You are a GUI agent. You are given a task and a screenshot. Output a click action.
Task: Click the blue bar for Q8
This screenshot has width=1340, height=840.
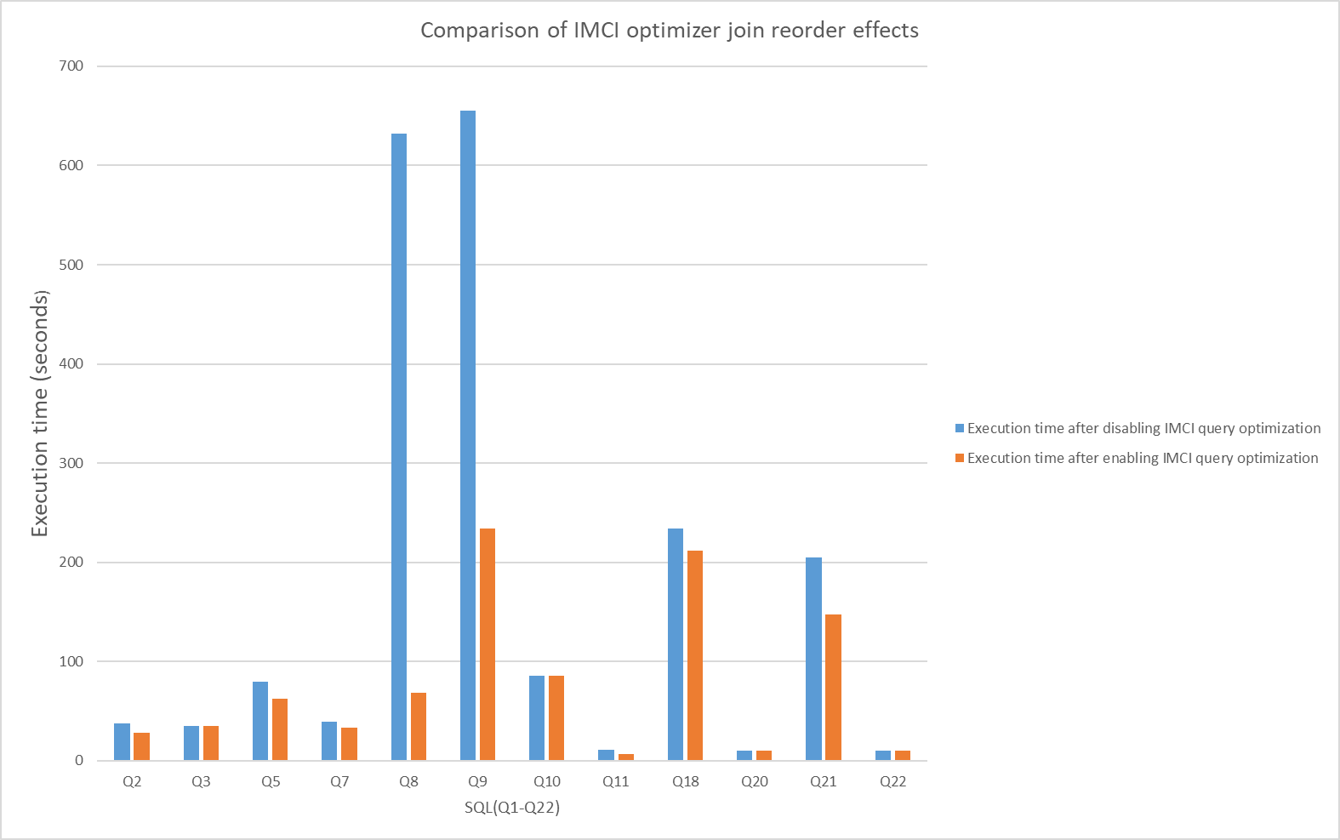399,447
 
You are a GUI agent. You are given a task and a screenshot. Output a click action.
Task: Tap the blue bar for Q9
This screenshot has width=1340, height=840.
468,435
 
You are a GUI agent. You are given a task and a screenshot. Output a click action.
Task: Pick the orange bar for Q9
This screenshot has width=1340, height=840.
488,644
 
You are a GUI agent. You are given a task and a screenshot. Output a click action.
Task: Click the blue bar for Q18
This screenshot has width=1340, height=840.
676,644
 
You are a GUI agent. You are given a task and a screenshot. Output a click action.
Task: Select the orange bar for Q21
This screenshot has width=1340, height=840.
833,687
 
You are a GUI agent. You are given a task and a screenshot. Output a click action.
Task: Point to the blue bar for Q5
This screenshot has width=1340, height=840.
260,721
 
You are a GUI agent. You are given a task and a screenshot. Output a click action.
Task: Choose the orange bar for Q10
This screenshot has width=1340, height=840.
556,717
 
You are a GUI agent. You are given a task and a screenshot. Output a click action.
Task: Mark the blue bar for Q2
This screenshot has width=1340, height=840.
123,741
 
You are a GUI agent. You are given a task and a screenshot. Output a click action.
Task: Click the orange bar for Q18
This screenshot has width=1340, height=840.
695,655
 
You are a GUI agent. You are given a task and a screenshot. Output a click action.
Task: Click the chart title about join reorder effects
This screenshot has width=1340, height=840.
670,31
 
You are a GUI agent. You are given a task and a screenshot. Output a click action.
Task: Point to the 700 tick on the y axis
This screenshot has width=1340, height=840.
71,66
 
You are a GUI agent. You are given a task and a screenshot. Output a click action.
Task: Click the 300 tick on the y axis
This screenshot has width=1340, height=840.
71,463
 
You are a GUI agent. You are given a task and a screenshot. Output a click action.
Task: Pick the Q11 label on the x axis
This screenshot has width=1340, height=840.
616,781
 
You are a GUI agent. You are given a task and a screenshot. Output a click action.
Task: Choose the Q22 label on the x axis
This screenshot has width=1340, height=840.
893,781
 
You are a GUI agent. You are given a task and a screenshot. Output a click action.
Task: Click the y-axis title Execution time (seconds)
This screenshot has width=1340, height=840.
40,414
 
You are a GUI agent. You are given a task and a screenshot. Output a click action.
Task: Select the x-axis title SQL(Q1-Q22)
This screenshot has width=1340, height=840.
512,807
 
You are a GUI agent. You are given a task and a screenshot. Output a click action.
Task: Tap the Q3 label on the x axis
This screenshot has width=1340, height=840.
201,781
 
